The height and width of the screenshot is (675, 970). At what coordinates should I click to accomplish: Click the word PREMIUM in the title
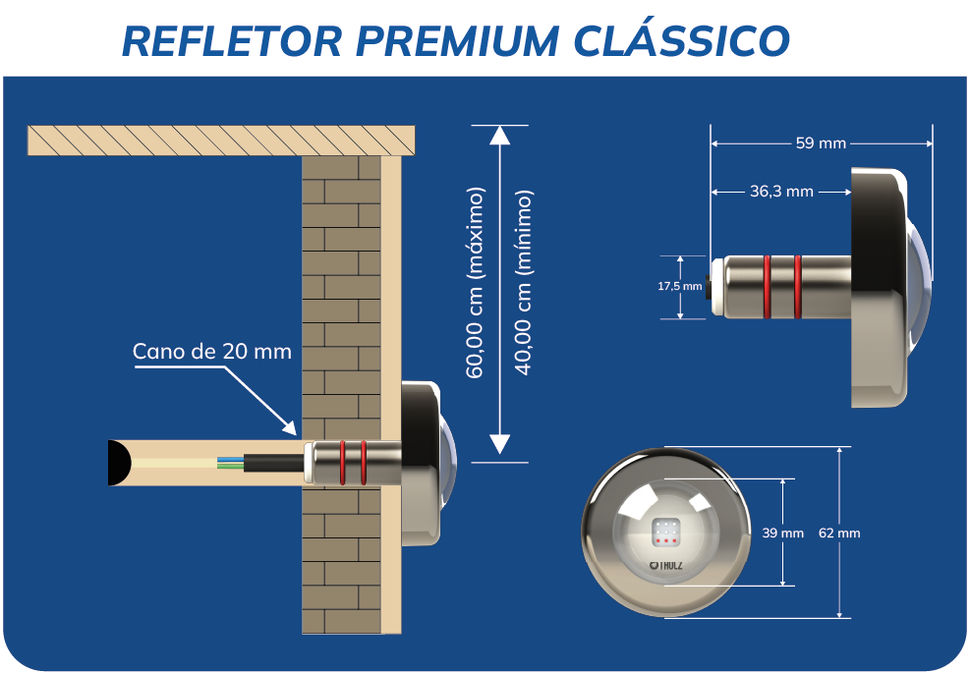(x=449, y=40)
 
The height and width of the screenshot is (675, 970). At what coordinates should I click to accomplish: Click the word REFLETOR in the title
(x=231, y=40)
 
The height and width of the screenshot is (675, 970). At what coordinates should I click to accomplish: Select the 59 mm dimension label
(x=821, y=143)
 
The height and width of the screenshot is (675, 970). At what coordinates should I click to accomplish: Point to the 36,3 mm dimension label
(x=781, y=192)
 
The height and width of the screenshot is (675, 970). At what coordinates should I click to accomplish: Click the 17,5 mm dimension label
(x=679, y=287)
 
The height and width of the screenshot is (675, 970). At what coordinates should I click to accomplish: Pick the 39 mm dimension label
(x=782, y=533)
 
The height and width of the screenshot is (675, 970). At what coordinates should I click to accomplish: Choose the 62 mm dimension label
(x=838, y=533)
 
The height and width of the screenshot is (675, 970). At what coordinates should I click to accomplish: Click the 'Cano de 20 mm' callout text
(x=212, y=351)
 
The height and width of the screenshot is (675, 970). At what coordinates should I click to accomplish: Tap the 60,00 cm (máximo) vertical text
(x=476, y=282)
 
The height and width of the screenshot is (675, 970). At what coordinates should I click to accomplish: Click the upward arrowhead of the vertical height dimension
(x=500, y=135)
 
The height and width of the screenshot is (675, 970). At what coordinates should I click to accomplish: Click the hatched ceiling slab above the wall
(x=221, y=141)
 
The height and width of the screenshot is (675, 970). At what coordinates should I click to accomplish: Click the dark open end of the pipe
(x=120, y=462)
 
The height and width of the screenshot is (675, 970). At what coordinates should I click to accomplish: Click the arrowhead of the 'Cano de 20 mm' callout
(x=291, y=428)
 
